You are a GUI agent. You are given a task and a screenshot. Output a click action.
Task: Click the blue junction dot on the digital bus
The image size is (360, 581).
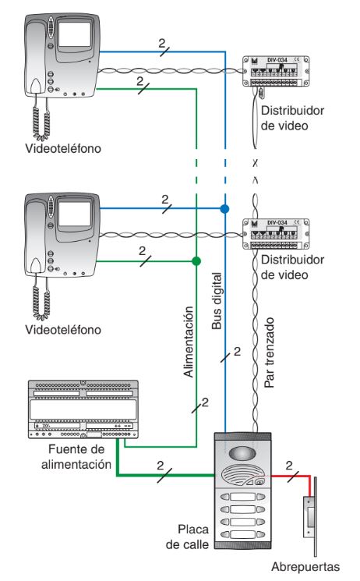[x=224, y=209]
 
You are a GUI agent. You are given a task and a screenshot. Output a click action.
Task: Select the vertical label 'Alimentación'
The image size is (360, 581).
[x=187, y=341]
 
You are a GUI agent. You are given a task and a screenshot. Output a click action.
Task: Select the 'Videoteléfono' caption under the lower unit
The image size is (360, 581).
[x=62, y=330]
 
